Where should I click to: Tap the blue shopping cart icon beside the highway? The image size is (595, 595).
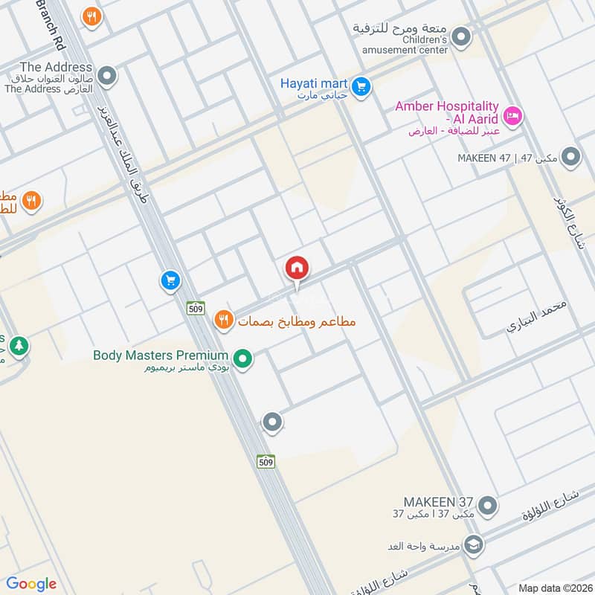click(170, 280)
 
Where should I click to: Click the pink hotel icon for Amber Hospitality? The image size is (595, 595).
click(513, 116)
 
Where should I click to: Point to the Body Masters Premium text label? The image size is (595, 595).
click(160, 356)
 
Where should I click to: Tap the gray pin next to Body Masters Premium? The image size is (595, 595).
click(243, 359)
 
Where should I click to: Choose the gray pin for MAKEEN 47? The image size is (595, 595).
click(570, 157)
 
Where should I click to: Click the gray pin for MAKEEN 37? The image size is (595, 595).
click(487, 506)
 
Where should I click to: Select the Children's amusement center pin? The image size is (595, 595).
click(462, 36)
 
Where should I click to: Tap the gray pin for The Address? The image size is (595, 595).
click(108, 76)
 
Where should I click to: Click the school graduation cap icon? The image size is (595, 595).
click(474, 545)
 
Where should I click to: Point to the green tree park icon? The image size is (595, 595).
click(19, 346)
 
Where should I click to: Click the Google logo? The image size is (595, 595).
click(31, 584)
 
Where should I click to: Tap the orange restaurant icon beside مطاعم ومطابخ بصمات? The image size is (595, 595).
click(222, 321)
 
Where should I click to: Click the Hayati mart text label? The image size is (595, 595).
click(313, 83)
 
